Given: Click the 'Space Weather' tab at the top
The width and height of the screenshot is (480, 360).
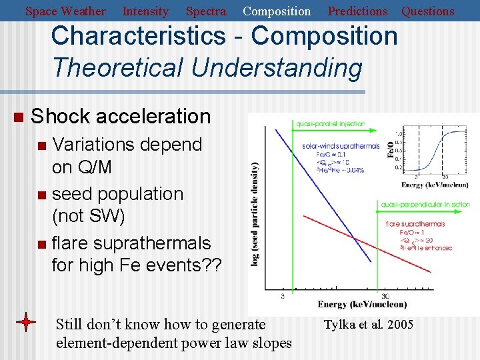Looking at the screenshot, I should click(x=65, y=11).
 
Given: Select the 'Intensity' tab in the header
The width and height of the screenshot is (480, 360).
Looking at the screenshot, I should click(x=145, y=11).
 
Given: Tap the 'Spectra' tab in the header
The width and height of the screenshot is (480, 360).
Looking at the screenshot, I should click(x=205, y=11).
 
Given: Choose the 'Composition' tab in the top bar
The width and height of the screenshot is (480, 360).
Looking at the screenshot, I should click(x=277, y=11).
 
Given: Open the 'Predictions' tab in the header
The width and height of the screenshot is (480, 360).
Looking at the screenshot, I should click(x=357, y=11).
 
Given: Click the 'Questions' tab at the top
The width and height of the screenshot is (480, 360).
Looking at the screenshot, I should click(x=427, y=11).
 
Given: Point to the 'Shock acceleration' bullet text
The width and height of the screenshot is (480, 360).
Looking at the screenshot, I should click(x=121, y=116).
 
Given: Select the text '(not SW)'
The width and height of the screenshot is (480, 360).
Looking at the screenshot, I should click(x=88, y=216).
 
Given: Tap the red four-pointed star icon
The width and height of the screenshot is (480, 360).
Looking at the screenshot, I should click(x=26, y=323).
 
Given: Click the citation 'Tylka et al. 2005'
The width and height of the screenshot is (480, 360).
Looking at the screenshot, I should click(x=368, y=325).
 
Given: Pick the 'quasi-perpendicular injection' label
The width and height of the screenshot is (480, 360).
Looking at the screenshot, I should click(x=425, y=204).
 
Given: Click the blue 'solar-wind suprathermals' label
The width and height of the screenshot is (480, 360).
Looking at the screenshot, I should click(x=340, y=146).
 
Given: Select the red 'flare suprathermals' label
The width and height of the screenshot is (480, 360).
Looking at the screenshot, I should click(x=415, y=224).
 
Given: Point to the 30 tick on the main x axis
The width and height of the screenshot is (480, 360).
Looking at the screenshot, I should click(x=385, y=296).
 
